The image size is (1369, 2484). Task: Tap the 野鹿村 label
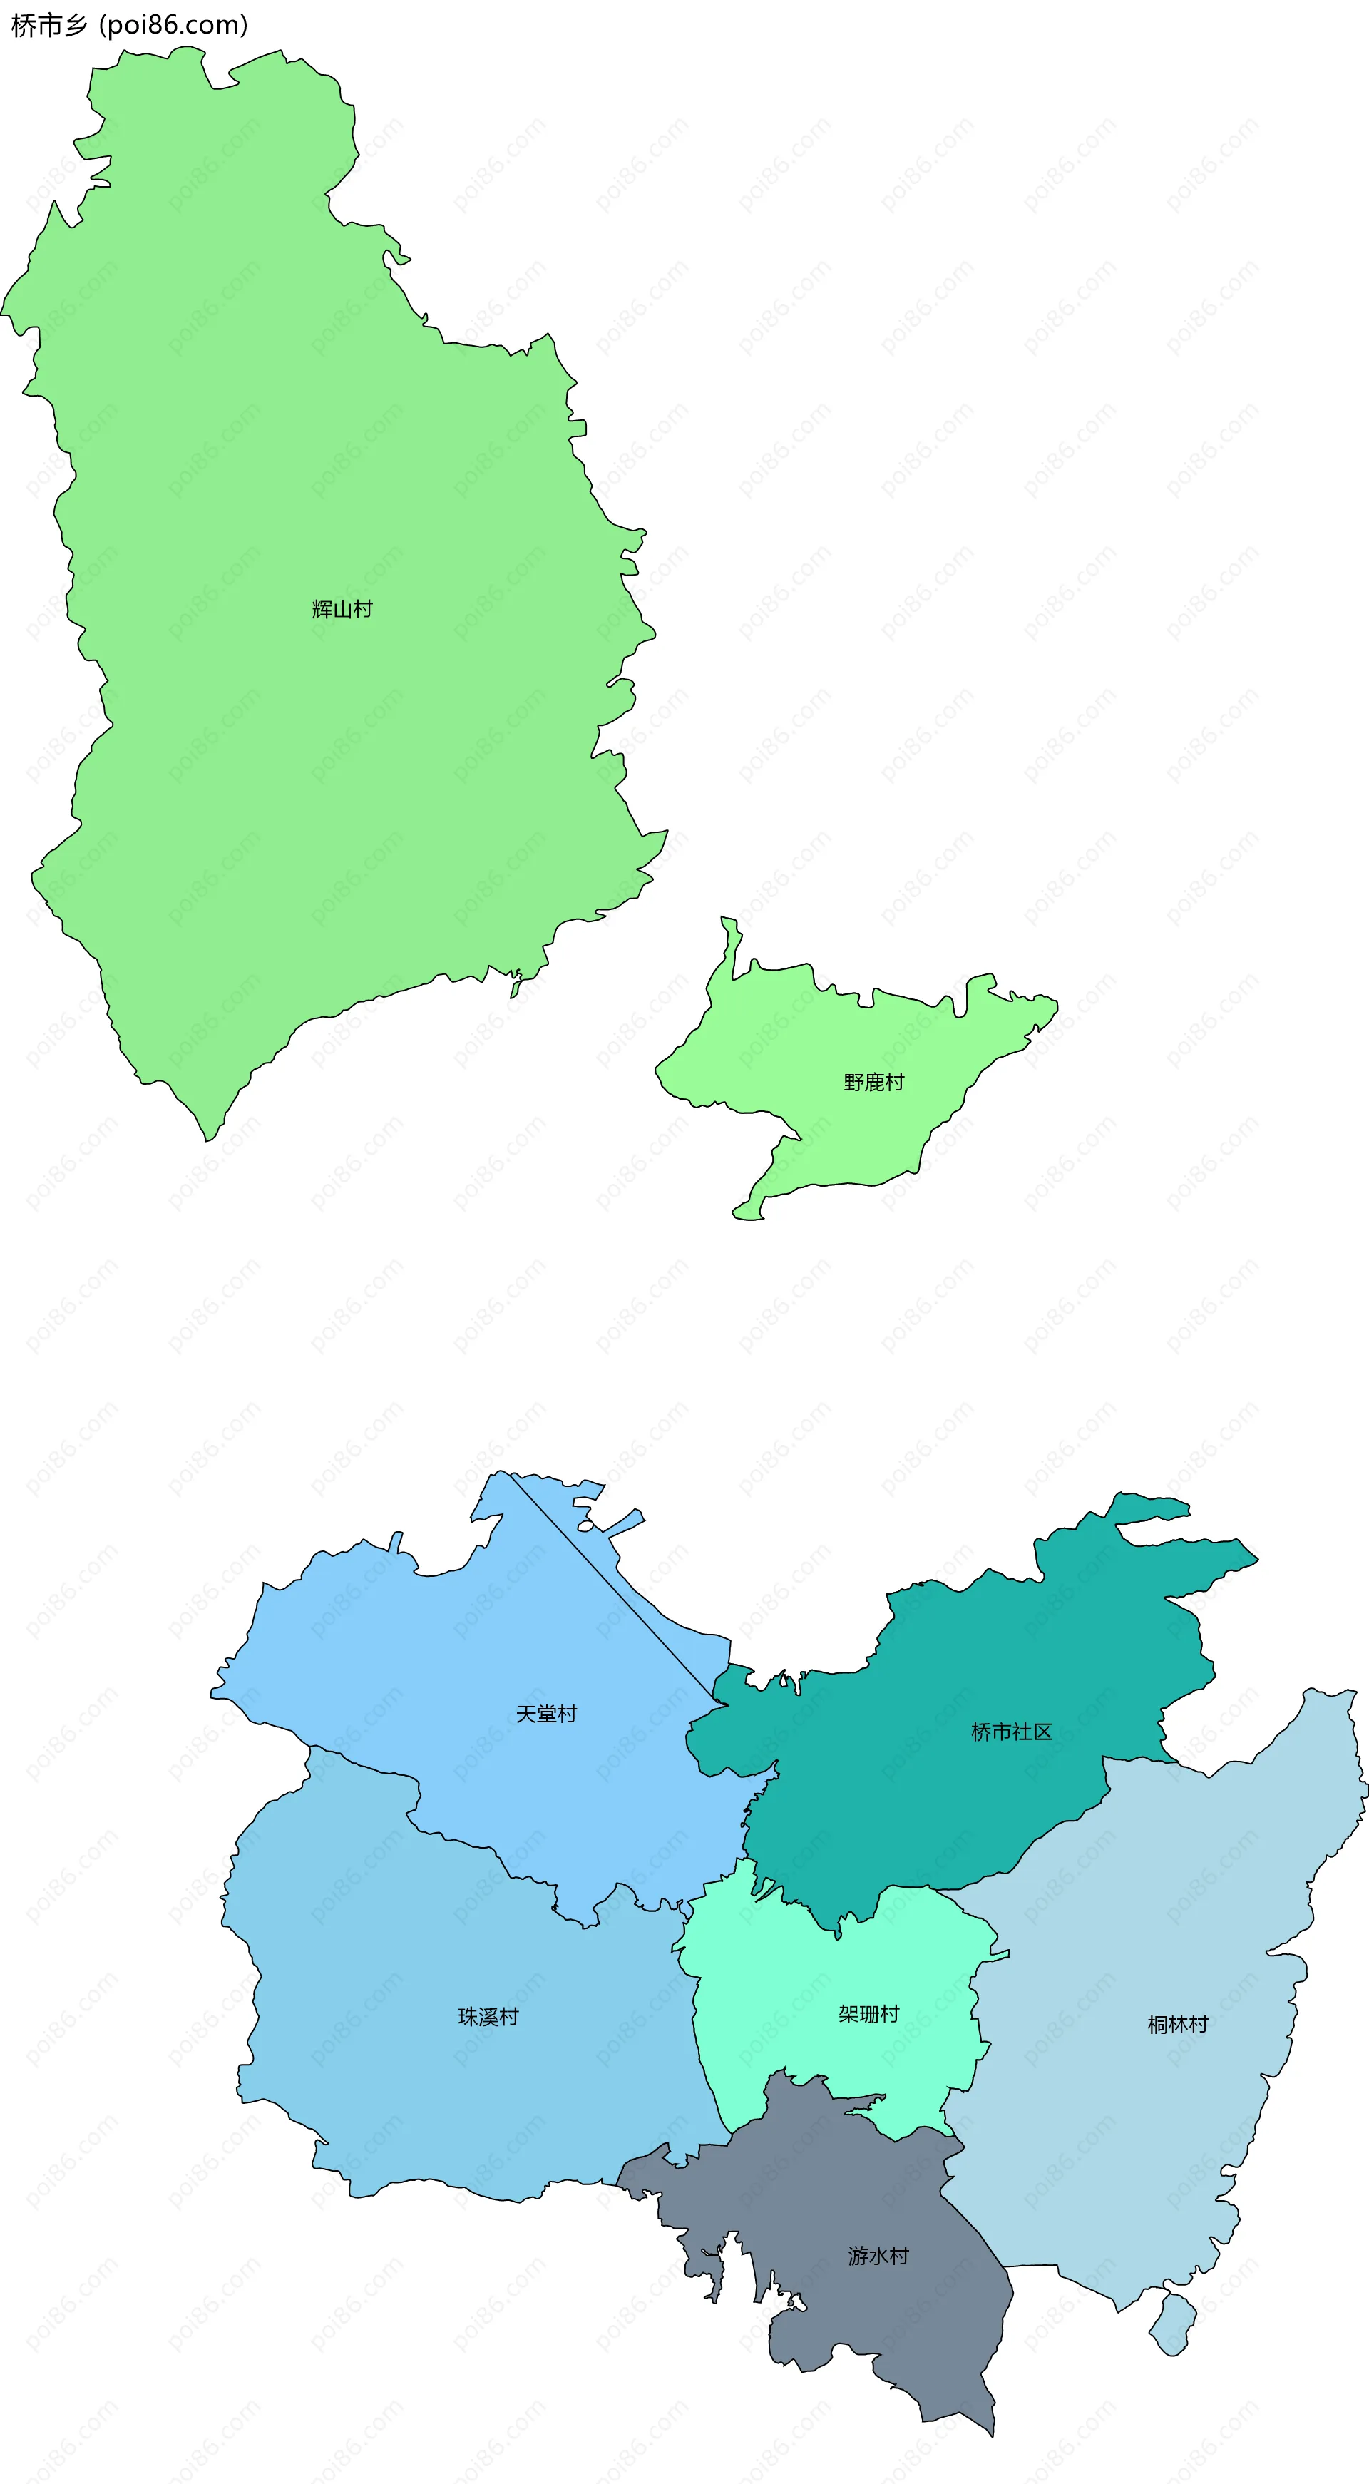[873, 1083]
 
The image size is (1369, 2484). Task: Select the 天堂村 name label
[545, 1714]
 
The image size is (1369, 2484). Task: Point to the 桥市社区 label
[1011, 1732]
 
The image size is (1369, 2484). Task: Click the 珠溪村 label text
[488, 2016]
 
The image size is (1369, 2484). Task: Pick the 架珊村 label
[868, 2013]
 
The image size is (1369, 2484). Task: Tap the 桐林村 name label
[1177, 2024]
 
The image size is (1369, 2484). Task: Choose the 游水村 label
[878, 2256]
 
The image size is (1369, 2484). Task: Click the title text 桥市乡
[48, 25]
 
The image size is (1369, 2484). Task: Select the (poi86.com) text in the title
[173, 25]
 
